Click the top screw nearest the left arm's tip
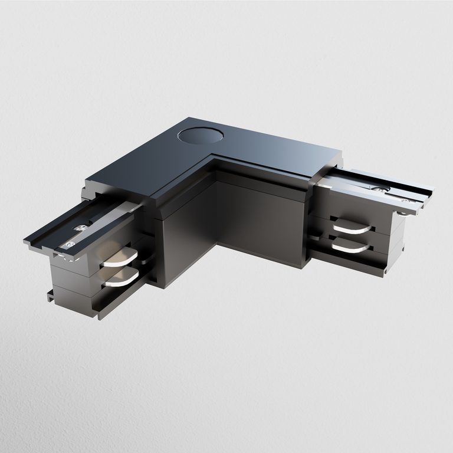(70, 244)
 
